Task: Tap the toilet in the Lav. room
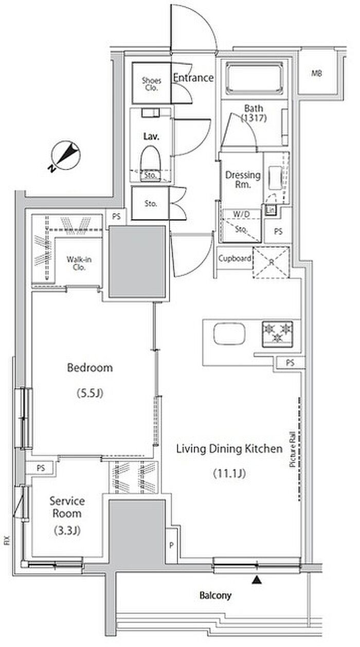[150, 163]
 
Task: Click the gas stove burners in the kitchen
[277, 334]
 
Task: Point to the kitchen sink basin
[229, 334]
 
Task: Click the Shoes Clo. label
[151, 84]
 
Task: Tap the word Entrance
[193, 78]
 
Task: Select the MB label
[317, 74]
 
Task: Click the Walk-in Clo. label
[79, 263]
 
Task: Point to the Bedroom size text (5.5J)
[90, 393]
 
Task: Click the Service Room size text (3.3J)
[67, 530]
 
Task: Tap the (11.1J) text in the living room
[229, 473]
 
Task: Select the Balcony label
[215, 595]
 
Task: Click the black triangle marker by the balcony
[257, 580]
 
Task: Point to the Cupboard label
[235, 258]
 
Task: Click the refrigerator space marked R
[272, 262]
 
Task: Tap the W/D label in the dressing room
[242, 214]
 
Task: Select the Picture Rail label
[293, 449]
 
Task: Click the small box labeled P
[171, 545]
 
